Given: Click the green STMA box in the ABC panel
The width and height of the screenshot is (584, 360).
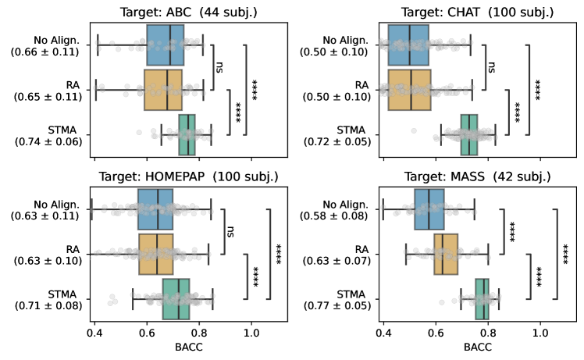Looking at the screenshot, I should tap(187, 134).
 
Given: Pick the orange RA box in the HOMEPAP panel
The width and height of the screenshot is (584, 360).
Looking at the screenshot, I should tap(156, 254).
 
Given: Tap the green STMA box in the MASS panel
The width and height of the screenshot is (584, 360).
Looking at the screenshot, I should tap(483, 298).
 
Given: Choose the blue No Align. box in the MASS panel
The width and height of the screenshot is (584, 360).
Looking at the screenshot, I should tap(429, 209).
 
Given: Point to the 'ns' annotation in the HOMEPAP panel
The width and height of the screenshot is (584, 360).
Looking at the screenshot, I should tap(230, 231).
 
